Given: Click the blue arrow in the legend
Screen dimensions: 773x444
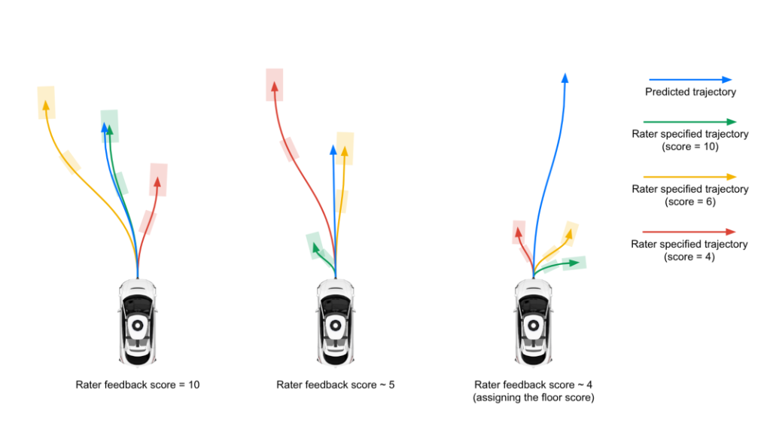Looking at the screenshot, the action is [x=689, y=79].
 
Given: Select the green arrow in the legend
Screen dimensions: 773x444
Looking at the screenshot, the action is [x=689, y=121].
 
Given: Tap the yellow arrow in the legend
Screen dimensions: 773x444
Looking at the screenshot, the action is [x=689, y=176].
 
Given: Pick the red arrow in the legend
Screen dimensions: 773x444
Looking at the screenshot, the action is [x=689, y=232].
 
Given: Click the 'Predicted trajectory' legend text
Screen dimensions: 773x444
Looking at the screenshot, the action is [x=690, y=93].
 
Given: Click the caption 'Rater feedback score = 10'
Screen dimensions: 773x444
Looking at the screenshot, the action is [x=138, y=385].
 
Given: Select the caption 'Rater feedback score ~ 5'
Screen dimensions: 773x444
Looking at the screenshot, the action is [x=336, y=385].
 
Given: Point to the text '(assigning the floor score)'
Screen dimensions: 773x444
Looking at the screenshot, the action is [x=534, y=397].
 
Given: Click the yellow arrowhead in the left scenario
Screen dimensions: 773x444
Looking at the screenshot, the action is [x=45, y=105].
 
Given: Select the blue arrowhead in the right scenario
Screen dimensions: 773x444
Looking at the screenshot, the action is [x=565, y=78].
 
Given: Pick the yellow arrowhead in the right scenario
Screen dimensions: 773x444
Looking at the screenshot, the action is [x=569, y=234].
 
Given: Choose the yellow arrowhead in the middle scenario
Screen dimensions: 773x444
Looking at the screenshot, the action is [x=345, y=151].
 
